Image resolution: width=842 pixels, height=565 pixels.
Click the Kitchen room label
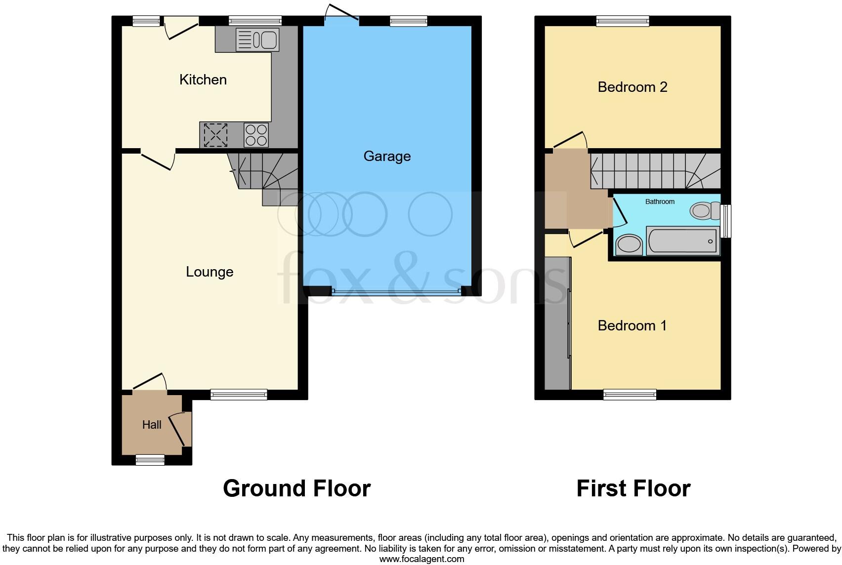click(x=203, y=80)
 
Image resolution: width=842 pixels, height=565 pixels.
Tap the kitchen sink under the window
click(x=257, y=40)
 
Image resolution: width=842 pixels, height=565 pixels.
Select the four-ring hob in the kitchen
click(x=256, y=135)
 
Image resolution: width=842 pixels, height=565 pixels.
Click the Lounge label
click(x=210, y=272)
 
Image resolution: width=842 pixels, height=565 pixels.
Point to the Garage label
click(x=387, y=156)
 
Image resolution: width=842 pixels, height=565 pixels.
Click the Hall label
click(x=152, y=425)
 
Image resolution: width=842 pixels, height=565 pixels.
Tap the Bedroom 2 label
click(x=632, y=87)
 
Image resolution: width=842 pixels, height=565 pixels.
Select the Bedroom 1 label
click(x=632, y=325)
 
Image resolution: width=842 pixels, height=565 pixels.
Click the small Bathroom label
click(x=660, y=202)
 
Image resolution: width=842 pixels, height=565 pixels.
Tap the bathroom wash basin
click(x=629, y=244)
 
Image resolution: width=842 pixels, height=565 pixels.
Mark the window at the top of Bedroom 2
click(x=622, y=20)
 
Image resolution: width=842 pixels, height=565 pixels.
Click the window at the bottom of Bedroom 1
click(x=630, y=394)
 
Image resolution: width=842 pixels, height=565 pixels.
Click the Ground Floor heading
click(x=296, y=488)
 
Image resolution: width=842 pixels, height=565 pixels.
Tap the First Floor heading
click(x=633, y=488)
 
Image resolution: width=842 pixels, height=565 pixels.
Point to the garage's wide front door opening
click(x=396, y=292)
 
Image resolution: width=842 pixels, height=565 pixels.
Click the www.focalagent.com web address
click(x=421, y=559)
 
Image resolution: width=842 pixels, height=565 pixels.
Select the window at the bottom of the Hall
click(x=150, y=460)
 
